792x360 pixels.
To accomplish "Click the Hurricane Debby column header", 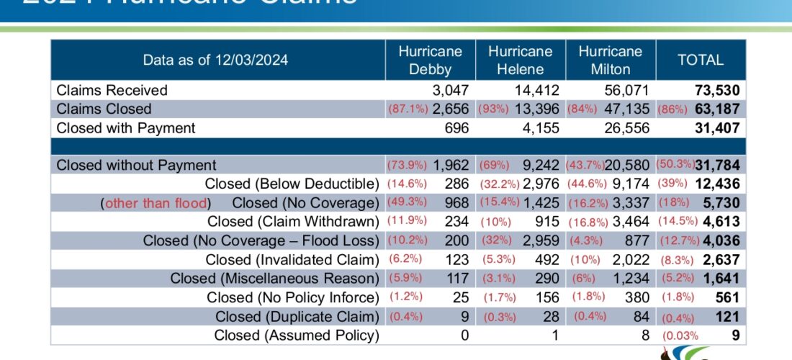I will [430, 60].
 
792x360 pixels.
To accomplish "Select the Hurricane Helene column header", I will [520, 60].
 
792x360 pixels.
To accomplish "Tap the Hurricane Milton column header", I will [610, 60].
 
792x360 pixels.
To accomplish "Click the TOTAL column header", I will [700, 60].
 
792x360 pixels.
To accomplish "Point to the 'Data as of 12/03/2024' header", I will [215, 60].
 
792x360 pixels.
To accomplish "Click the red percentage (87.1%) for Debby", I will [408, 109].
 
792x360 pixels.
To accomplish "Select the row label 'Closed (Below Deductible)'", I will [292, 184].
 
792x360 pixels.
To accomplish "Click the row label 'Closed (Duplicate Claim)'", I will [297, 316].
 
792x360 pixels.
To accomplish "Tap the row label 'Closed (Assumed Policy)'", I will [296, 335].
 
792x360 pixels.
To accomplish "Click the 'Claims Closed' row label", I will [104, 109].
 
